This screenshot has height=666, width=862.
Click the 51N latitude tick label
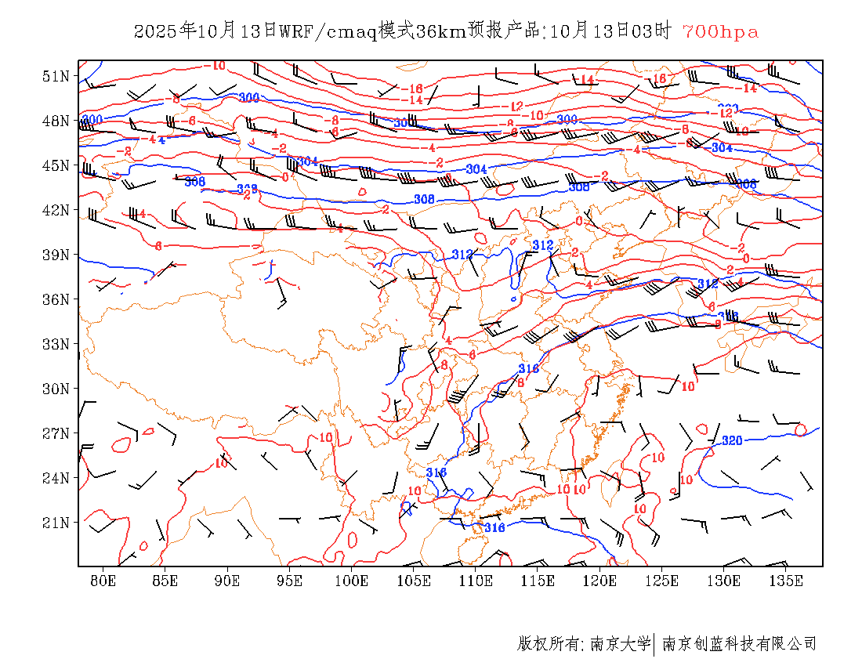[x=56, y=76]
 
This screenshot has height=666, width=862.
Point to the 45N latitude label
[x=56, y=165]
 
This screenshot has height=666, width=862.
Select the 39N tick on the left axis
[x=56, y=255]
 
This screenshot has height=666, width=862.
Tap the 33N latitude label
[x=56, y=344]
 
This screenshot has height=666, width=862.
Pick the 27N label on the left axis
[x=56, y=433]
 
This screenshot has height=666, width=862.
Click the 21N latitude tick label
[x=56, y=523]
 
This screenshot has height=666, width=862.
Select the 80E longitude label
[x=103, y=581]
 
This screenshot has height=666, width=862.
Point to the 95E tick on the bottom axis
[x=290, y=581]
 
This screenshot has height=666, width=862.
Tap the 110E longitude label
[x=476, y=581]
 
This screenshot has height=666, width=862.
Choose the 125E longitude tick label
[x=662, y=581]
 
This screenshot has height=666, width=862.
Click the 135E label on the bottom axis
[x=786, y=581]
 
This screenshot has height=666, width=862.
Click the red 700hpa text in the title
[x=720, y=31]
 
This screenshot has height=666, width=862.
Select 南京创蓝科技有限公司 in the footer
[x=740, y=644]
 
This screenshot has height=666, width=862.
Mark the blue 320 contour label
[x=731, y=440]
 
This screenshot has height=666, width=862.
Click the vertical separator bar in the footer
[x=654, y=644]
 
